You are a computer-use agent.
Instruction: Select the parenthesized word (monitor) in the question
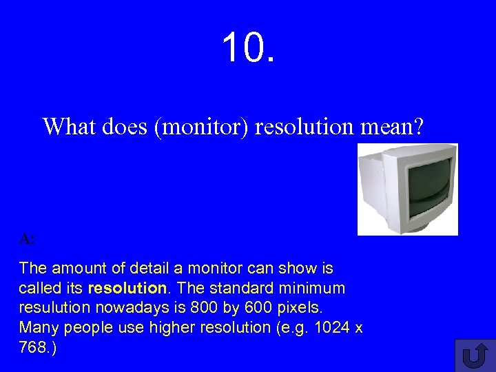tap(203, 127)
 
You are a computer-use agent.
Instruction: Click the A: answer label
tap(28, 239)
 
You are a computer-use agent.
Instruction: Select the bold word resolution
tap(127, 287)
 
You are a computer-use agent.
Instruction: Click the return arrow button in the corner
tap(475, 355)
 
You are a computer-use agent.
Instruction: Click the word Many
tap(37, 327)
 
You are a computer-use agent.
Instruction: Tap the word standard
tap(240, 287)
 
